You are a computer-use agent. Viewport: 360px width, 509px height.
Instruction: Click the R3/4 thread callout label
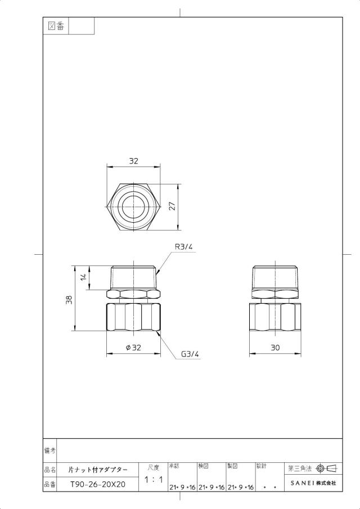point(184,246)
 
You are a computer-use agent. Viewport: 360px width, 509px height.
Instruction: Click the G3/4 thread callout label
point(190,354)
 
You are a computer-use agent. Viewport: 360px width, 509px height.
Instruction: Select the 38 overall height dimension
point(69,300)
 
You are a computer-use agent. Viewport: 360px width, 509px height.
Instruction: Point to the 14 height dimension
point(84,277)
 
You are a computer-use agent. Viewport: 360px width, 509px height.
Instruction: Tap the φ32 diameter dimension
point(133,348)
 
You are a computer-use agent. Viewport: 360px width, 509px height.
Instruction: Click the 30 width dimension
point(275,348)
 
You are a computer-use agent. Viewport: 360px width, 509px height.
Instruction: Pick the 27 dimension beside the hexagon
point(172,206)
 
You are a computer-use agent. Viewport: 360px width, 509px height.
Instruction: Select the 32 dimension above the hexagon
point(133,161)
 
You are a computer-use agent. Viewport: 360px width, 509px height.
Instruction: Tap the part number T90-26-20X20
point(98,484)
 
